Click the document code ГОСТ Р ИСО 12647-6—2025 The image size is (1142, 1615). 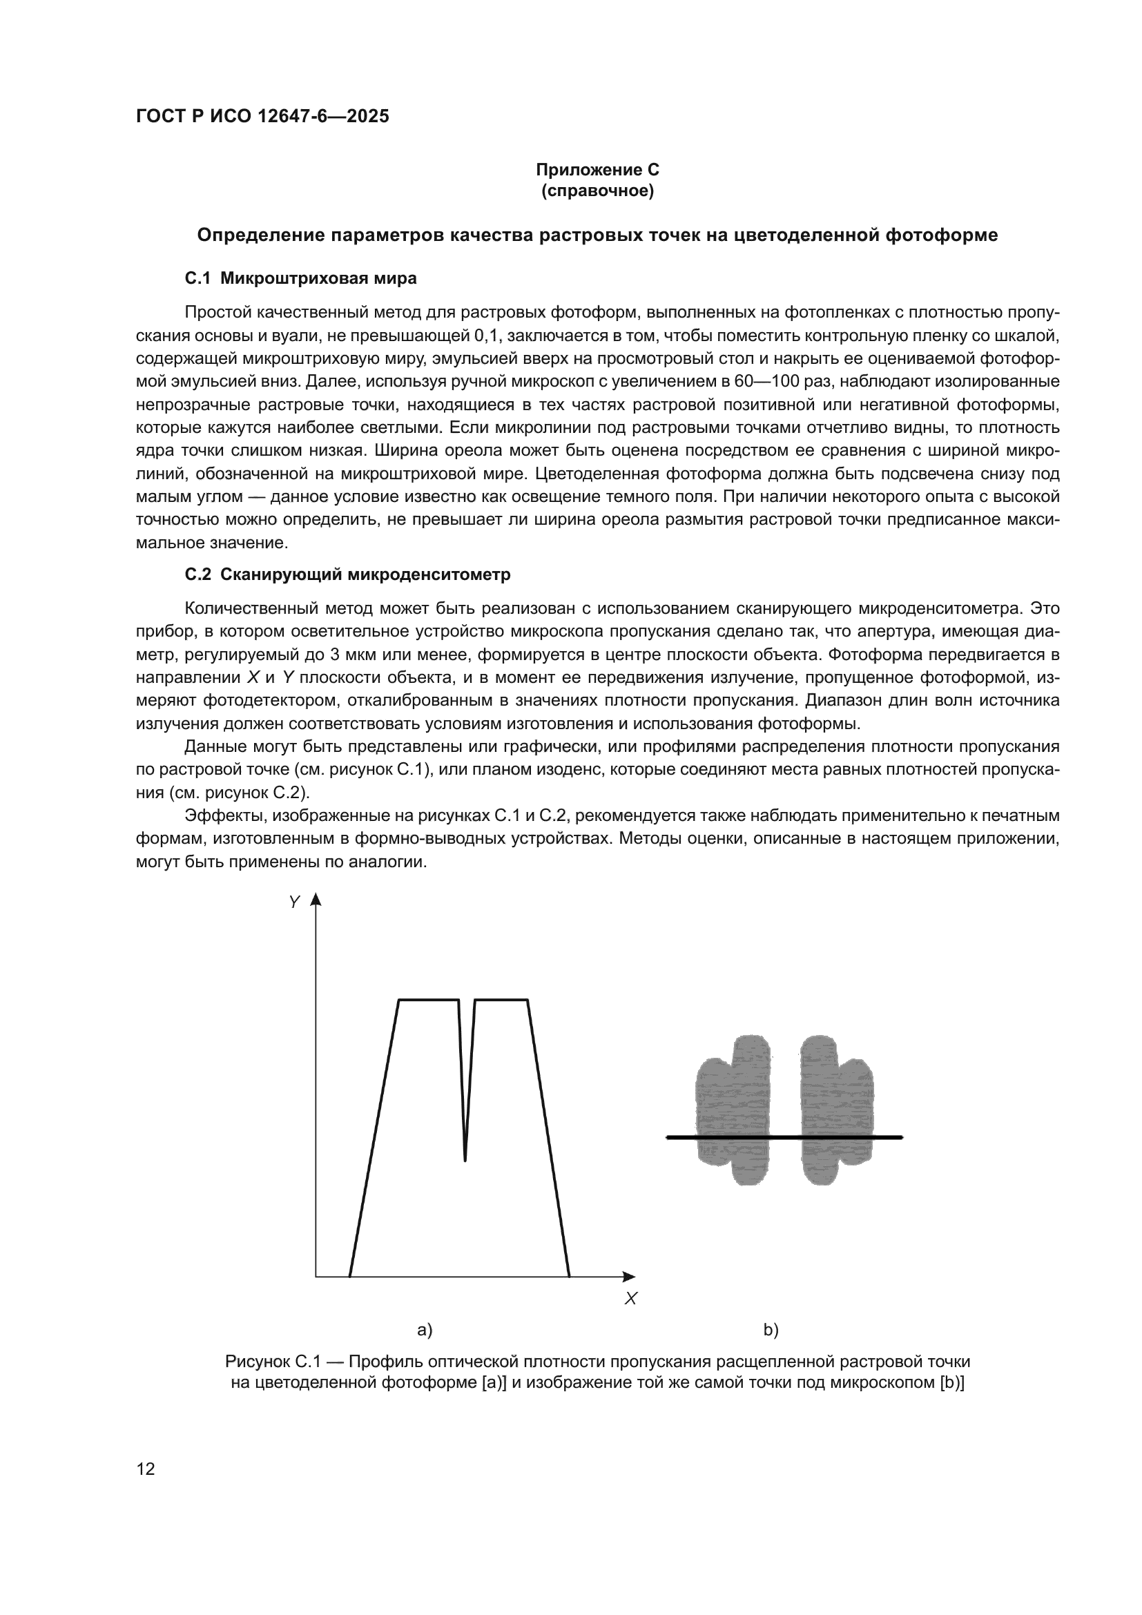click(262, 116)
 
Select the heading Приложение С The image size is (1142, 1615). click(597, 170)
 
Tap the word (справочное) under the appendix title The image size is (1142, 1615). click(597, 191)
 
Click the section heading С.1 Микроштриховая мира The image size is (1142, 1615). click(300, 278)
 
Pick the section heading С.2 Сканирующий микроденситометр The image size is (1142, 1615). click(347, 574)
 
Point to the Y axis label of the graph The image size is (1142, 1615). click(295, 902)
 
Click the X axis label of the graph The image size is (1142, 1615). click(631, 1299)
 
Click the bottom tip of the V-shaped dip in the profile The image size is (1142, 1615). click(465, 1160)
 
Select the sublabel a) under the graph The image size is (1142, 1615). click(425, 1330)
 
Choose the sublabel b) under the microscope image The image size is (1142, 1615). click(771, 1330)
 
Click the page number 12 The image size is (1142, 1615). click(146, 1469)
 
